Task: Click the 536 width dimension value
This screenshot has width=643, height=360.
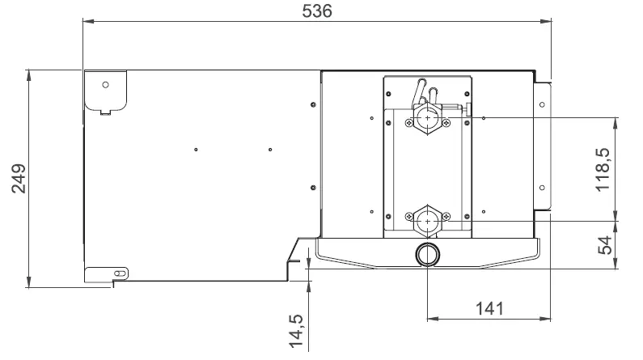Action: pos(316,11)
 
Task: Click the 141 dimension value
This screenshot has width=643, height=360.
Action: pos(488,308)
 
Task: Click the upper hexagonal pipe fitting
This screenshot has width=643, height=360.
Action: pos(427,119)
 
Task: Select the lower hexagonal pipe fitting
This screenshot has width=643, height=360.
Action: pos(427,219)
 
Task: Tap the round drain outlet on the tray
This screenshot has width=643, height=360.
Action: pos(426,256)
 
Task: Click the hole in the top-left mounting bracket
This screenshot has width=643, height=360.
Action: pos(105,84)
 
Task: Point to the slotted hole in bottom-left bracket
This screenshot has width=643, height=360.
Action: pos(119,274)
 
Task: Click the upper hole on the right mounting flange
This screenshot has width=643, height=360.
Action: pos(543,104)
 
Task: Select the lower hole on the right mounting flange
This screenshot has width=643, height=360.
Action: pos(543,187)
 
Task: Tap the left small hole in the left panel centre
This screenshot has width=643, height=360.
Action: pos(197,149)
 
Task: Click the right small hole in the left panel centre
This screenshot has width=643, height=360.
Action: pos(270,149)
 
